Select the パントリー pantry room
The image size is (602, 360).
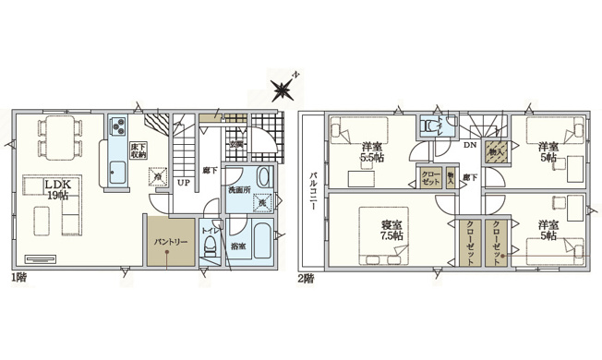click(x=167, y=243)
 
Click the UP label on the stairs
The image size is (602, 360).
click(x=184, y=182)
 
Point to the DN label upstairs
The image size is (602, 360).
click(x=469, y=147)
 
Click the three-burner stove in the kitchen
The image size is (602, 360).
click(x=117, y=127)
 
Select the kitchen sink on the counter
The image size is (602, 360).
click(x=117, y=171)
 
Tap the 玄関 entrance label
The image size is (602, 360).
click(x=236, y=144)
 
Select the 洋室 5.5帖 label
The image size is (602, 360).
click(x=373, y=152)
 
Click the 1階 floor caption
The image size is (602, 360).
click(x=20, y=278)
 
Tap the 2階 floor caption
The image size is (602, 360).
click(x=307, y=278)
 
